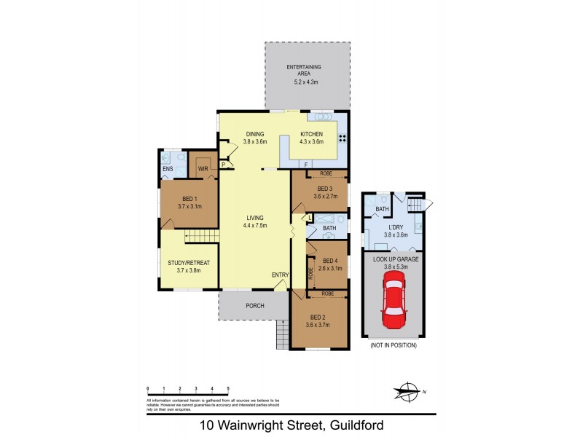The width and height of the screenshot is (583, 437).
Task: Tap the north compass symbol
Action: coord(409,391)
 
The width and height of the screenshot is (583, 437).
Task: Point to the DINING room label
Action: coord(254,134)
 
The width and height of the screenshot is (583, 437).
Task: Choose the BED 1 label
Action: coord(188,198)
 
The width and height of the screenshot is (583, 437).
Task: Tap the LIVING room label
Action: coord(255,217)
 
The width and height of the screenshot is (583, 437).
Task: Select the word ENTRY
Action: coord(281,275)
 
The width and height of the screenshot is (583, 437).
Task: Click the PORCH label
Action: coord(254,305)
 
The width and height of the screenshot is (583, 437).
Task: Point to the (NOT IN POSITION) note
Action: coord(394,345)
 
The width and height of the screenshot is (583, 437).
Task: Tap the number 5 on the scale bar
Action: coord(229,389)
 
